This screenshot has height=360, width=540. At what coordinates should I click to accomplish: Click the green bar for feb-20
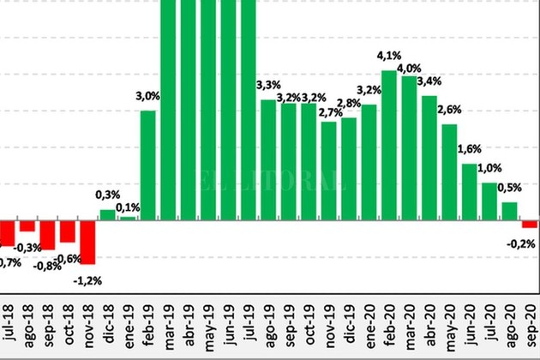[x=388, y=146]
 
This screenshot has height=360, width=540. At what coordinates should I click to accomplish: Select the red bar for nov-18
[x=87, y=242]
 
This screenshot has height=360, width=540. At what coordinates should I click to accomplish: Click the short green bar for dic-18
[x=107, y=215]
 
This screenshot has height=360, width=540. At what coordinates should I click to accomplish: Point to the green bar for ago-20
[x=508, y=212]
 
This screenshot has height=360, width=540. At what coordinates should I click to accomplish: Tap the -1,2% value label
[x=87, y=279]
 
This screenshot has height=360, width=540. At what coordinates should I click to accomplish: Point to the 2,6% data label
[x=449, y=109]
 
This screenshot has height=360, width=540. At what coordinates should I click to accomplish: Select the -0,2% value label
[x=521, y=244]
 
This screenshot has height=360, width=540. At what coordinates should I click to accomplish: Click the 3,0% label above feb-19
[x=147, y=96]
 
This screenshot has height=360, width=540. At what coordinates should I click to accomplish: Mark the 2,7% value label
[x=329, y=112]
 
